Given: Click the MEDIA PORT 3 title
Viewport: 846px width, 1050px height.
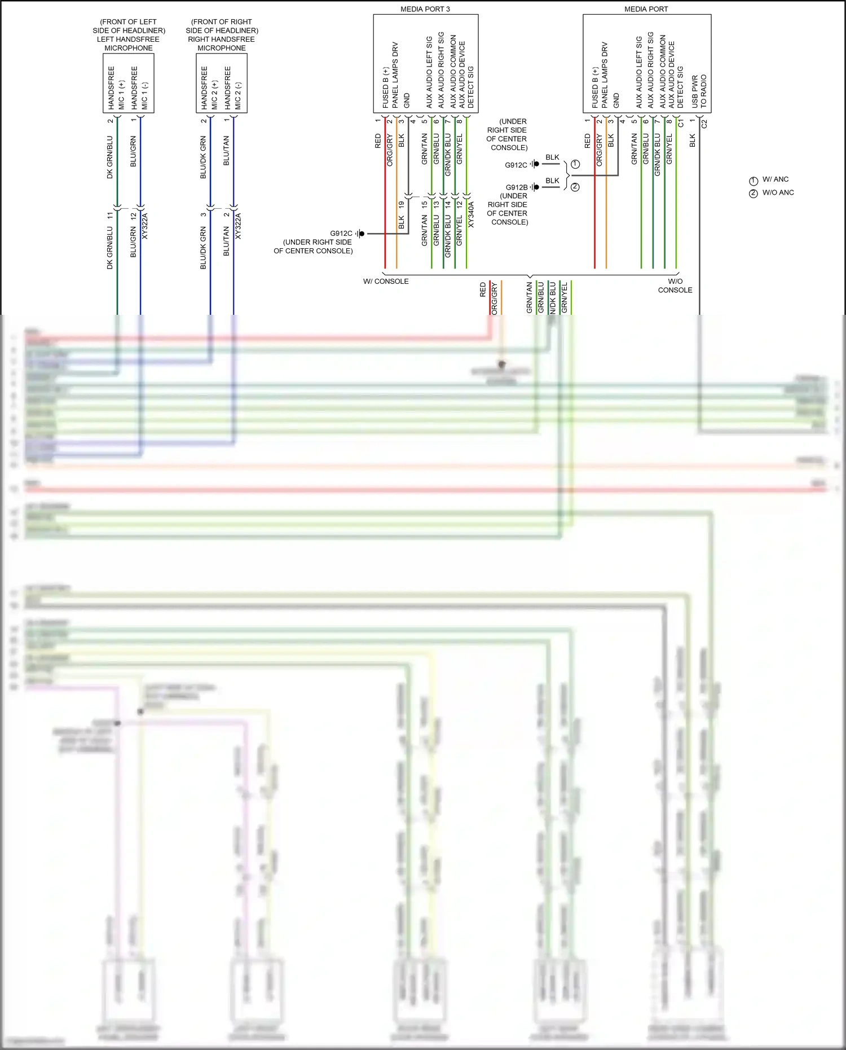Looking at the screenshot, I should coord(425,9).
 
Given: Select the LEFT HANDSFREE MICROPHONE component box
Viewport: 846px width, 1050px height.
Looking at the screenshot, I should coord(129,84).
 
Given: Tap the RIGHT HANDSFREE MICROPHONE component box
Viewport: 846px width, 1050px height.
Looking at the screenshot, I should coord(222,84).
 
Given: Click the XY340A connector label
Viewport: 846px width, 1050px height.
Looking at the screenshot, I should coord(472,214).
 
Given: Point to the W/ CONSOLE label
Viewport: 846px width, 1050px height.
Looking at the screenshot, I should coord(386,282).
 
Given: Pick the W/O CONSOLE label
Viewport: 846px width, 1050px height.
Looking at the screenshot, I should coord(675,285).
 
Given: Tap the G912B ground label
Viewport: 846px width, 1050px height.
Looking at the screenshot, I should coord(517,187).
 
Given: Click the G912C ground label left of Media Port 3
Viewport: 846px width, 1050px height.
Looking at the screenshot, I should coord(341,234).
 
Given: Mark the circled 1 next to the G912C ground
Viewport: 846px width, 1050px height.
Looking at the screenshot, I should coord(575,164).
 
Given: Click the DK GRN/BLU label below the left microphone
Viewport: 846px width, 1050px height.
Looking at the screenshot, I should coord(110,157).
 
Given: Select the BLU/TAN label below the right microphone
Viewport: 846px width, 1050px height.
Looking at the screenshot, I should coord(227,151).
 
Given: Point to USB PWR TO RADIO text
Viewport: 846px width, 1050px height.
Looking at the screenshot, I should coord(699,91).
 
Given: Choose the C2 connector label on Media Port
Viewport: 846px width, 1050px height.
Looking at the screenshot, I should coord(704,124).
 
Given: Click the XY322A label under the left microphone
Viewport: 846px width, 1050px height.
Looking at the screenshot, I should coord(145,226).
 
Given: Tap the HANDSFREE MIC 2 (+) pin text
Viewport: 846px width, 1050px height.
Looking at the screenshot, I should coord(209,88).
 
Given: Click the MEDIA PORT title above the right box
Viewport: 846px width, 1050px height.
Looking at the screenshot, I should coord(646,9).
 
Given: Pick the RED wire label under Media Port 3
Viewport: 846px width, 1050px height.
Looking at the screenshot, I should coord(378,141).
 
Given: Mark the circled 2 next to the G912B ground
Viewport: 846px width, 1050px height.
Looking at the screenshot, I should coord(575,187).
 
